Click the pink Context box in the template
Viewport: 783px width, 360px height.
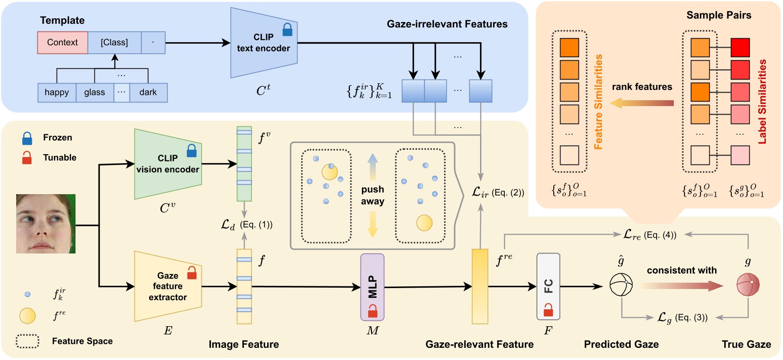click(x=62, y=43)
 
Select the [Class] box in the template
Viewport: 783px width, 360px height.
click(x=114, y=43)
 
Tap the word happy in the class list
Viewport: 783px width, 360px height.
click(x=57, y=93)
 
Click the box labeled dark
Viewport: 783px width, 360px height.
click(x=148, y=93)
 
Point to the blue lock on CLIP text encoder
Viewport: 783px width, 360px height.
click(x=287, y=30)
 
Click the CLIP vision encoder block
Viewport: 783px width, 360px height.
click(x=168, y=164)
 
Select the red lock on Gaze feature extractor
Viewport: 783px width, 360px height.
click(x=192, y=272)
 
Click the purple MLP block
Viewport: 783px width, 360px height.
click(x=372, y=287)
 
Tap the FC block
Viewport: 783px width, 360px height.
click(x=548, y=286)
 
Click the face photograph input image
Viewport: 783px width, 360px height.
click(x=46, y=224)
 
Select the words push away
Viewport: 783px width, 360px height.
click(x=373, y=195)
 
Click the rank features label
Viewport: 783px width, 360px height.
click(x=642, y=87)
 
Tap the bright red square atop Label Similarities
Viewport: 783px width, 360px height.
click(x=740, y=48)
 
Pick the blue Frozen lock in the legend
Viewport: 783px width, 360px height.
click(x=27, y=138)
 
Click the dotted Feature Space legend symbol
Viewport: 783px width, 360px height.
click(x=27, y=341)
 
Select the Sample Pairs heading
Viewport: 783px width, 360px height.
click(x=718, y=15)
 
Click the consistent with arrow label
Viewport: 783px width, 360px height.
click(x=681, y=271)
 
